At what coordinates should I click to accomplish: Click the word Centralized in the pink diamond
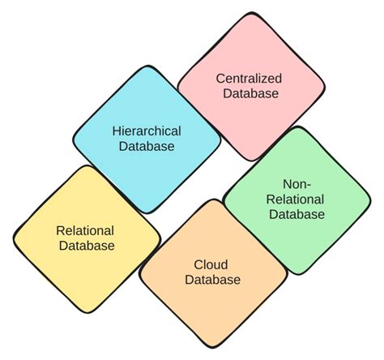click(x=249, y=79)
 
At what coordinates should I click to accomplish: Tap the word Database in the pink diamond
click(x=251, y=93)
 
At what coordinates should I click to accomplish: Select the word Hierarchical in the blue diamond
click(x=147, y=131)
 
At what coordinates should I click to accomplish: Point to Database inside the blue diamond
click(x=147, y=146)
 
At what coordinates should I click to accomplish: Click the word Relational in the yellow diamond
click(x=85, y=231)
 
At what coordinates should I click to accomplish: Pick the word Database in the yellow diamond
click(x=87, y=246)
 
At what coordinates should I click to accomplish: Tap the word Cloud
click(x=211, y=264)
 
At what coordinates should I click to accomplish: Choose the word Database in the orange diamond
click(x=213, y=280)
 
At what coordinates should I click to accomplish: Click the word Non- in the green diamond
click(x=297, y=185)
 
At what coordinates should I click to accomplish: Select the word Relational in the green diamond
click(x=295, y=199)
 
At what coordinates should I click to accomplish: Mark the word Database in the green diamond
click(x=297, y=214)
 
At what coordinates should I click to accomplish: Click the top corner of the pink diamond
click(x=252, y=12)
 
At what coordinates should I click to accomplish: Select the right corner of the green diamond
click(x=371, y=201)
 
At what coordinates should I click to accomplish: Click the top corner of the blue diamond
click(x=147, y=66)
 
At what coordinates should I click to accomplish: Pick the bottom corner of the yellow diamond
click(x=87, y=313)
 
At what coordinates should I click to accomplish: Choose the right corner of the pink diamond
click(x=325, y=87)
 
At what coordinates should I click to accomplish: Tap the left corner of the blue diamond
click(x=73, y=139)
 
